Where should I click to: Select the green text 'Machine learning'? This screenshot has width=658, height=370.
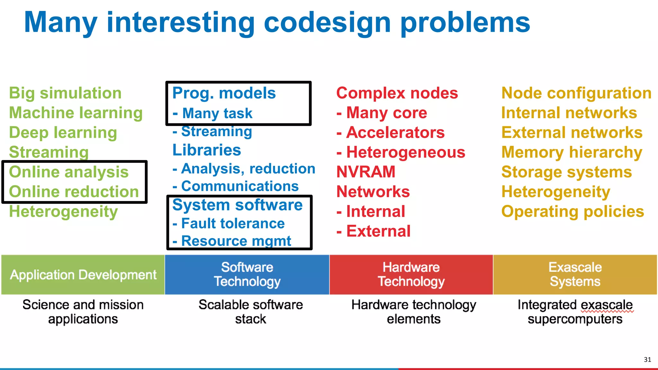point(76,113)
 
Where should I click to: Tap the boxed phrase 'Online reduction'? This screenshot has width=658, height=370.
point(74,192)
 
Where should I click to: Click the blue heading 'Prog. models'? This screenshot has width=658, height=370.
point(224,93)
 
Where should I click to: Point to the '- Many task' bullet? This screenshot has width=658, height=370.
point(213,113)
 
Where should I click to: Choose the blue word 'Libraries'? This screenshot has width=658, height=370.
point(207,150)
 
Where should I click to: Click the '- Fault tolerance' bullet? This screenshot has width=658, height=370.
point(229,223)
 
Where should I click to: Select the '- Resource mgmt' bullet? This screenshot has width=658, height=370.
point(232,241)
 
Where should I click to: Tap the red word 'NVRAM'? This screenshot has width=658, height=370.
point(366,172)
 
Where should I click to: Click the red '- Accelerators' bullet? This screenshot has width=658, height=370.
point(390,133)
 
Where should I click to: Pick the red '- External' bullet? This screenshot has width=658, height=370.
point(373,231)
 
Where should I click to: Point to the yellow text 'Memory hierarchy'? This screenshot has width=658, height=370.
point(572,152)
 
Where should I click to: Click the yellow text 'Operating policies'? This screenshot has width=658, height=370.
point(573,212)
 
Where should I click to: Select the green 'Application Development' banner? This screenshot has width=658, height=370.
point(83,275)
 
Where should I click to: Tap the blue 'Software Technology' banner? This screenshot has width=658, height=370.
point(247,275)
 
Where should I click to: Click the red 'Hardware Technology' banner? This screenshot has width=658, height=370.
point(411,275)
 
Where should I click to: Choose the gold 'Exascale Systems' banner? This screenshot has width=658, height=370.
point(575,275)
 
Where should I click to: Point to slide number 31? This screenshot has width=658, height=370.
point(647,359)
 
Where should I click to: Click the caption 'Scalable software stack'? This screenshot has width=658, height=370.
point(251,312)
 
